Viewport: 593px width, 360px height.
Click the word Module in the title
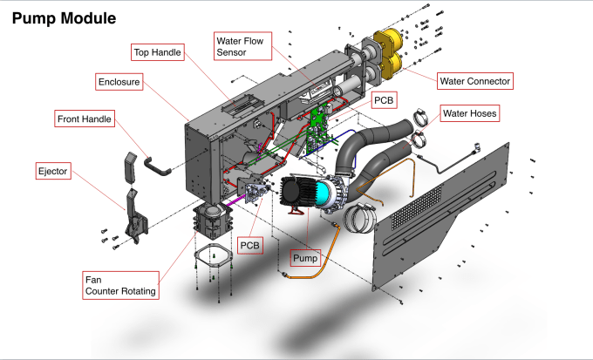(86, 17)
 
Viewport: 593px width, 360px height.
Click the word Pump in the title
(32, 17)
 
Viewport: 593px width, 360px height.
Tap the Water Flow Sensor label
(242, 45)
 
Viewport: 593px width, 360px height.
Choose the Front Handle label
(85, 119)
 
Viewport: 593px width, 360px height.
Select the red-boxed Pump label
(305, 258)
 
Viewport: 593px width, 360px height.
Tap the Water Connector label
(474, 81)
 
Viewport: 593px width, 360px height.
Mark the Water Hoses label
(471, 113)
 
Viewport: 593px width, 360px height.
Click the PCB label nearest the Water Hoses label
(384, 100)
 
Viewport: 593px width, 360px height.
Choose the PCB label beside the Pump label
(250, 246)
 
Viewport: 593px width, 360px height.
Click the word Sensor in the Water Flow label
(234, 52)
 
